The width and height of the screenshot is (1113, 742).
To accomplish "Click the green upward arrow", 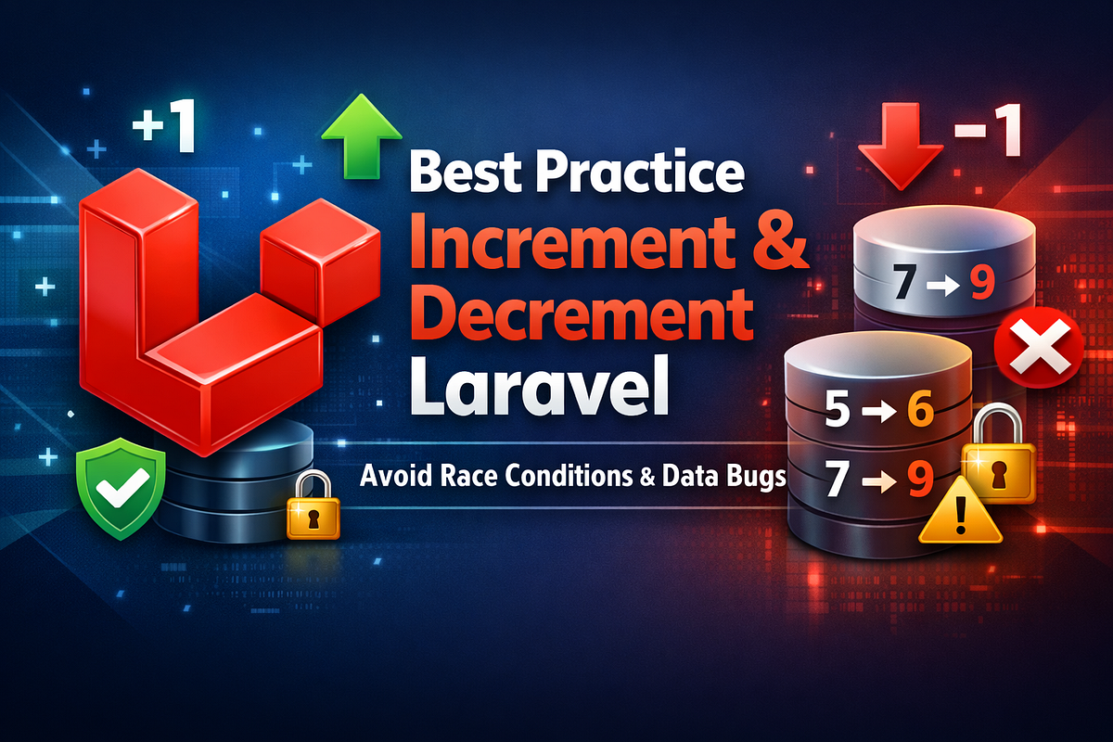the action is (x=362, y=136).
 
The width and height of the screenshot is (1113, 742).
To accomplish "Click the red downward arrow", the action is (x=901, y=147).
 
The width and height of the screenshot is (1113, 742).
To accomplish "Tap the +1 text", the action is (x=163, y=129).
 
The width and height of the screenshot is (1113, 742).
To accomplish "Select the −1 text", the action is (x=987, y=131).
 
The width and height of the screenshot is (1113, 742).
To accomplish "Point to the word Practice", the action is (x=640, y=171).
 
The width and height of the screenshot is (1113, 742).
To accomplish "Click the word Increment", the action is (x=572, y=242).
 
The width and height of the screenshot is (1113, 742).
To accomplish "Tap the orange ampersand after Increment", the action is (x=780, y=240).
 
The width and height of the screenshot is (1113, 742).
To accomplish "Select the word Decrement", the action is (x=582, y=313).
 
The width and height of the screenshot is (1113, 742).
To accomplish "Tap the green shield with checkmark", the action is (x=121, y=488).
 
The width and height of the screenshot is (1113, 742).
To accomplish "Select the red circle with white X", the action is (x=1039, y=347).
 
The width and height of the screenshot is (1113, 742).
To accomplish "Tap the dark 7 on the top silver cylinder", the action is (x=904, y=281).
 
